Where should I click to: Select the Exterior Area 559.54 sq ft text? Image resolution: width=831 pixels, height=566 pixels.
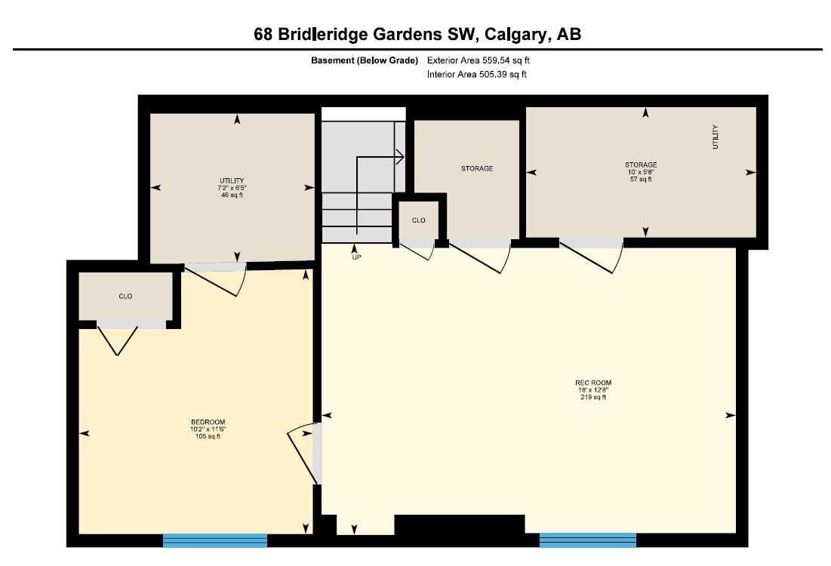[483, 60]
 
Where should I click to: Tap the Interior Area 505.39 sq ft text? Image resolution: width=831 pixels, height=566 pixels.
[477, 74]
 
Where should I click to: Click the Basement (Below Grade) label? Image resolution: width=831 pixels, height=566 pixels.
[366, 60]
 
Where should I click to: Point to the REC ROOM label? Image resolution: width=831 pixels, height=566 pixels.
[592, 383]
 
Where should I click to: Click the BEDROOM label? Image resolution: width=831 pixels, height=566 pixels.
[208, 422]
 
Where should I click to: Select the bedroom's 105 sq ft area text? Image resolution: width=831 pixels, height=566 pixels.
[208, 436]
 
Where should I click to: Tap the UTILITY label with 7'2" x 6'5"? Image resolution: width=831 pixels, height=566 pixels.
[232, 180]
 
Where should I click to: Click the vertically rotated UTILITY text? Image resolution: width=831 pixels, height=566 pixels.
[716, 137]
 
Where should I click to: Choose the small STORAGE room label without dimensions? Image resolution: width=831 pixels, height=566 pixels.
[477, 168]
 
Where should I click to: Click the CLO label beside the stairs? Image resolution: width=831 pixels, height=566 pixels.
[418, 220]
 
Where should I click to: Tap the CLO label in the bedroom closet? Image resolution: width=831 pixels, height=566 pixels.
[125, 297]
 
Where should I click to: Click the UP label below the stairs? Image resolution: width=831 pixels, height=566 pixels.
[356, 257]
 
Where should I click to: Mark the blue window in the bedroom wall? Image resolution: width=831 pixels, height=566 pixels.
[215, 540]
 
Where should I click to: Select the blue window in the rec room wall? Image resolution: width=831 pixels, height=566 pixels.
[587, 540]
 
